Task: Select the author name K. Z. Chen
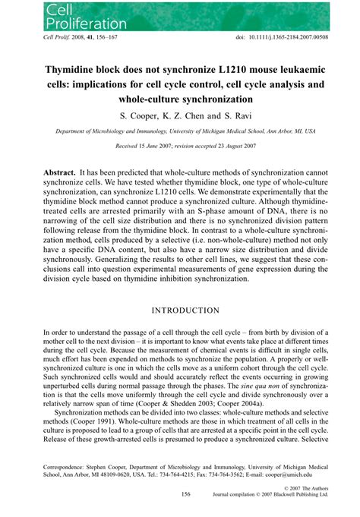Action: [x=186, y=116]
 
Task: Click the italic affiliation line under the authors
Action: [x=180, y=131]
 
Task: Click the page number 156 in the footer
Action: [x=185, y=493]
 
